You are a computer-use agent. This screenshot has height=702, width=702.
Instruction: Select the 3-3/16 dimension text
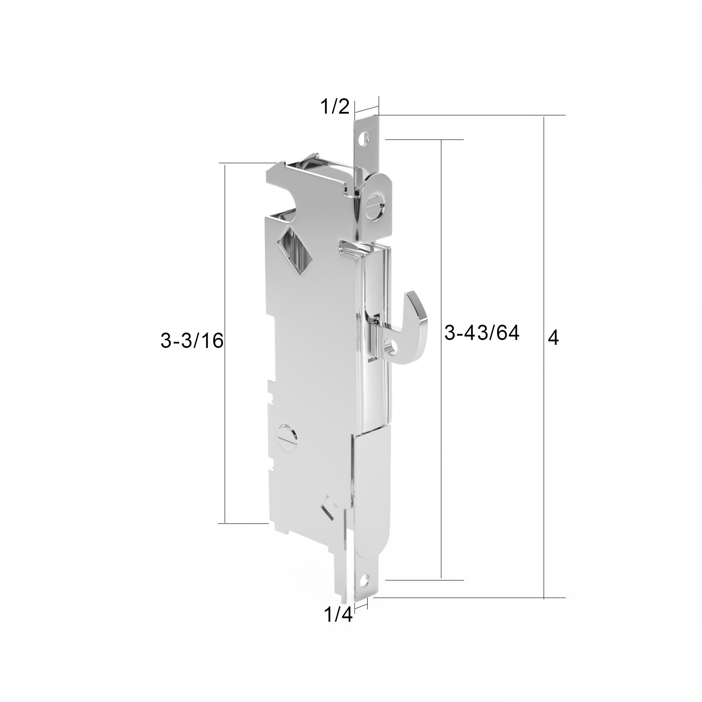[192, 340]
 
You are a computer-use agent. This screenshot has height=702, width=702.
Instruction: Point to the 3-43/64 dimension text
[482, 333]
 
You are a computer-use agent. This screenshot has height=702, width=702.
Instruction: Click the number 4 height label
[554, 338]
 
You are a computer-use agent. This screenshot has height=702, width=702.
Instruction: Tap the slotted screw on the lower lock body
[288, 437]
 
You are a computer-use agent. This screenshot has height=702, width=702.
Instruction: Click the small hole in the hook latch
[390, 347]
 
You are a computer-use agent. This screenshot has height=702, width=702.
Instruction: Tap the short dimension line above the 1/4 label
[361, 605]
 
